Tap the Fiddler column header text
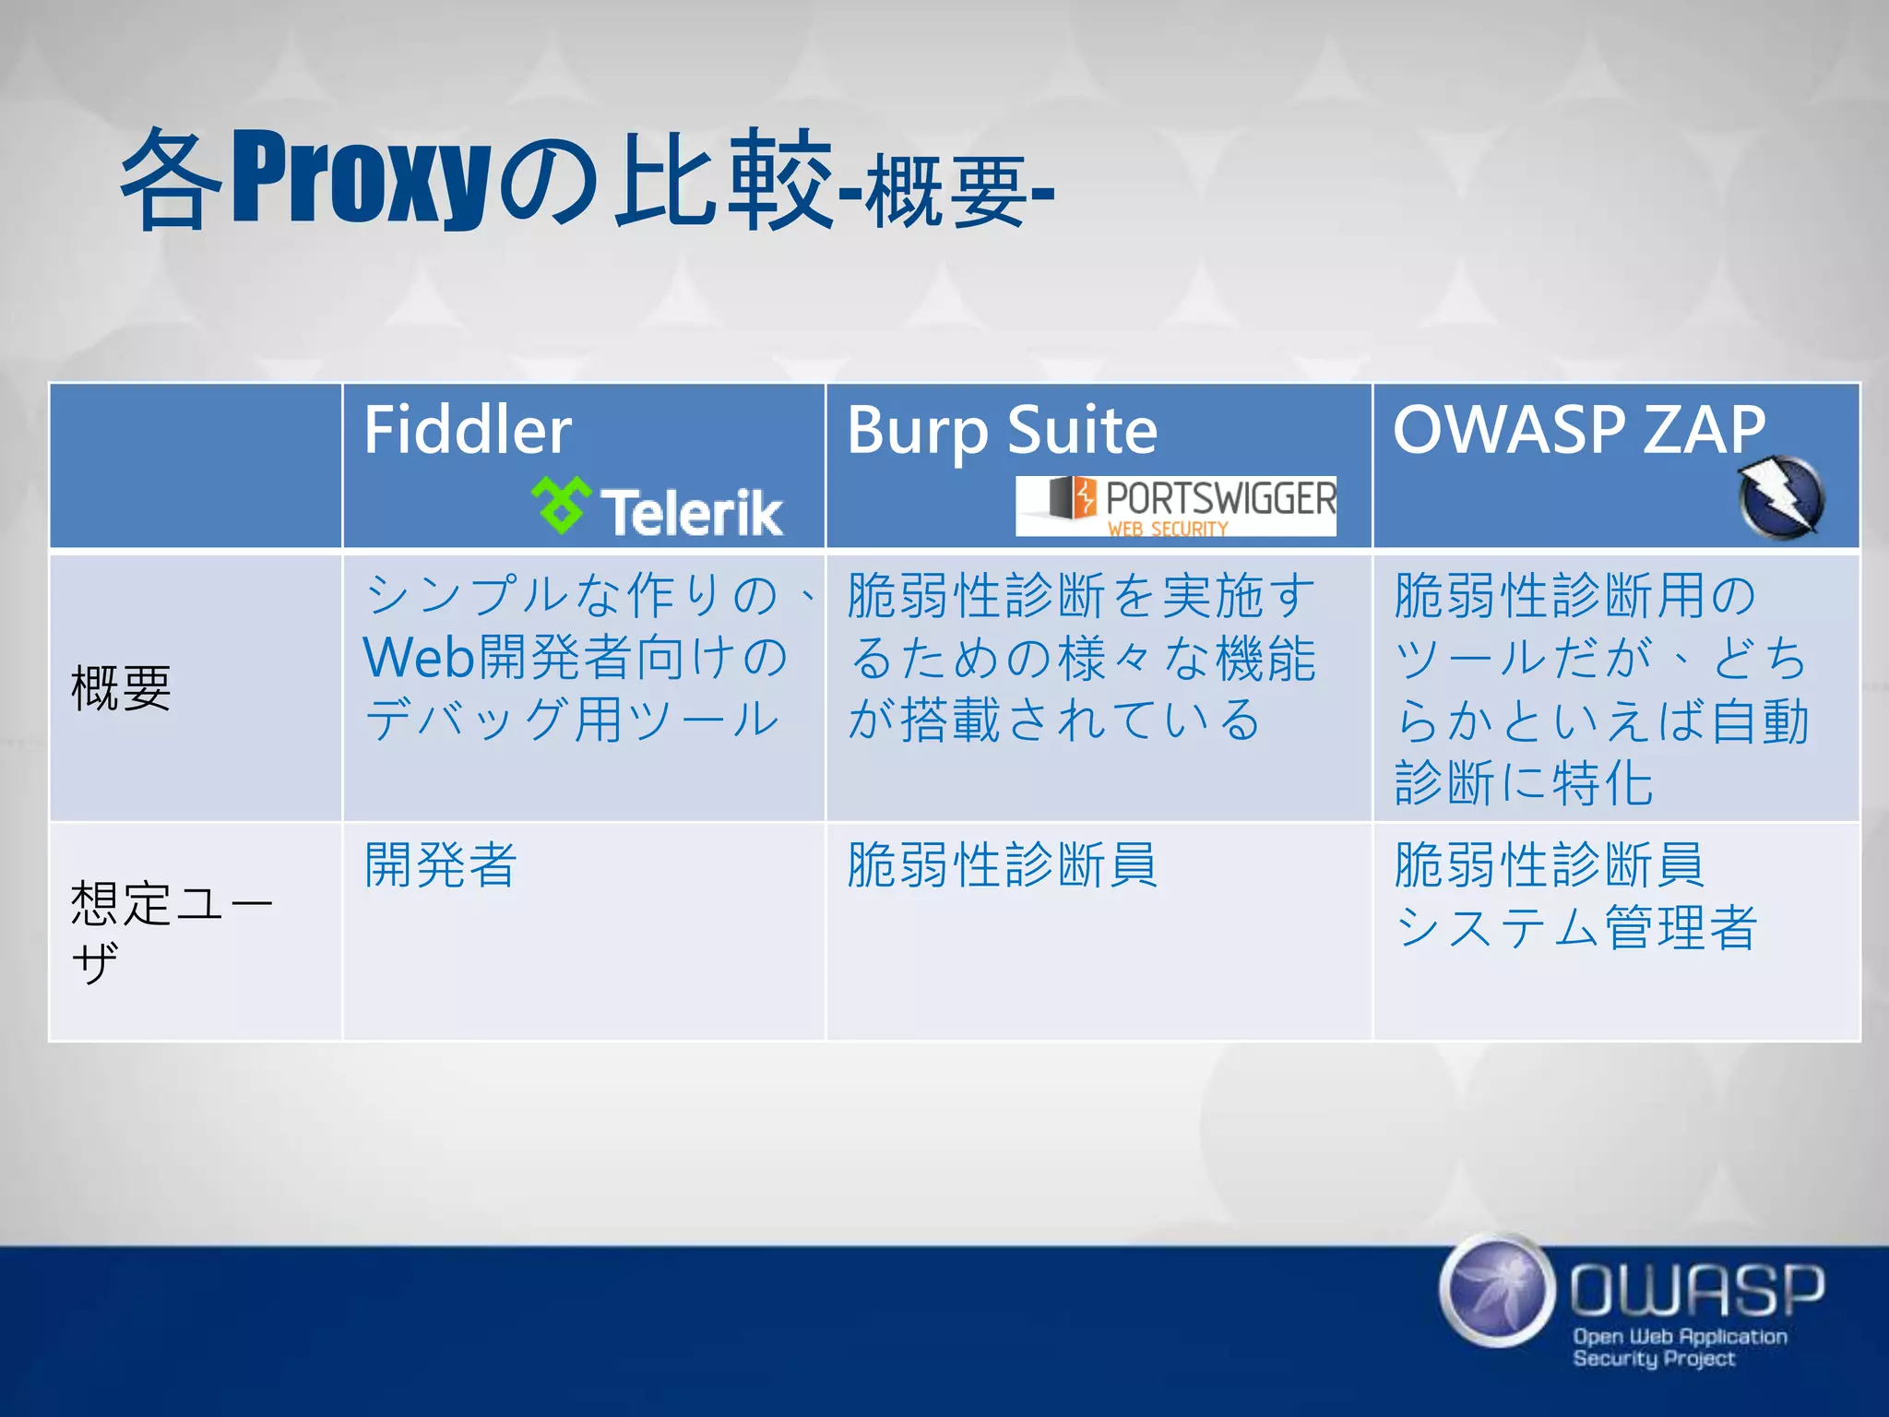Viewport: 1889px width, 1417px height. [467, 430]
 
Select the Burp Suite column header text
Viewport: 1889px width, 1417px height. [1002, 430]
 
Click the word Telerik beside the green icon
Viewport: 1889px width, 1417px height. [692, 513]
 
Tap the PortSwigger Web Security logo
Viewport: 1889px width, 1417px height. [1176, 506]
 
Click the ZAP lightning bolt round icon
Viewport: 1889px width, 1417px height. [1781, 498]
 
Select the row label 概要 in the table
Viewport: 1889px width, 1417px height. [121, 688]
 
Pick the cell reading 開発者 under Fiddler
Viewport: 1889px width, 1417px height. [440, 864]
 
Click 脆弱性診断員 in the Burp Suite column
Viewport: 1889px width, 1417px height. [1002, 864]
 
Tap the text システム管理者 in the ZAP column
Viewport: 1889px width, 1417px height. [1575, 927]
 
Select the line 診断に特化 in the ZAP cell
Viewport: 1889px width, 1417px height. [1524, 783]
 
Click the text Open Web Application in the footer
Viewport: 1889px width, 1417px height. [1680, 1336]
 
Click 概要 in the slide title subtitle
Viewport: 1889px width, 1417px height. [946, 192]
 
